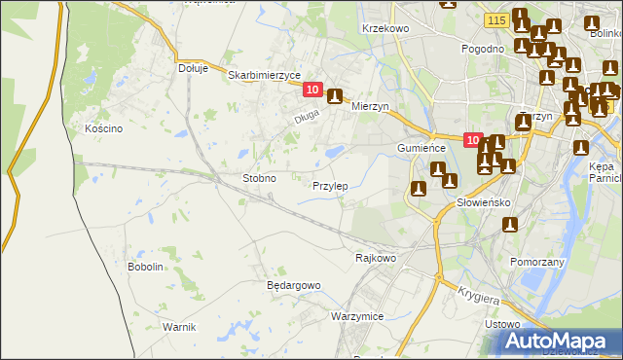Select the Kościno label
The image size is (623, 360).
pyautogui.click(x=102, y=128)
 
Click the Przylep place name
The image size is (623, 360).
pyautogui.click(x=331, y=186)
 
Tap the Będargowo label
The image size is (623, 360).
pyautogui.click(x=293, y=285)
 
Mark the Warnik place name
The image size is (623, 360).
pyautogui.click(x=180, y=326)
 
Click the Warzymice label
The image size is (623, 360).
pyautogui.click(x=356, y=317)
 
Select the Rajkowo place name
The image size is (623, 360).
pyautogui.click(x=376, y=258)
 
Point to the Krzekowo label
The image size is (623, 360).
pyautogui.click(x=385, y=29)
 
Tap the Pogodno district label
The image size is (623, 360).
pyautogui.click(x=484, y=49)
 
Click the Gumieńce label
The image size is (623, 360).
pyautogui.click(x=421, y=147)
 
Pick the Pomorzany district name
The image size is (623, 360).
pyautogui.click(x=538, y=262)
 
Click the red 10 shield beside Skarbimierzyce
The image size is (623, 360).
pyautogui.click(x=311, y=90)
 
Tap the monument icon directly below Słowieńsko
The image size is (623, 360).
pyautogui.click(x=508, y=225)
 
